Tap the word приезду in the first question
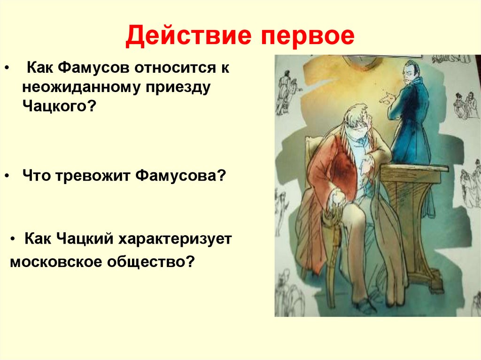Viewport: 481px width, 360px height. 178,88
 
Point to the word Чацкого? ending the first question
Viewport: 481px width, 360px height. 59,107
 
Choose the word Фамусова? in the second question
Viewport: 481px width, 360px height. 180,176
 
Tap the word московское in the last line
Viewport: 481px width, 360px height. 55,262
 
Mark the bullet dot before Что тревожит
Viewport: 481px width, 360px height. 7,176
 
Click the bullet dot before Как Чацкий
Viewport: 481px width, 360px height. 13,239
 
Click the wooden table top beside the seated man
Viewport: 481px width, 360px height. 414,169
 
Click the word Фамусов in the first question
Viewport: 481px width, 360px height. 93,68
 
